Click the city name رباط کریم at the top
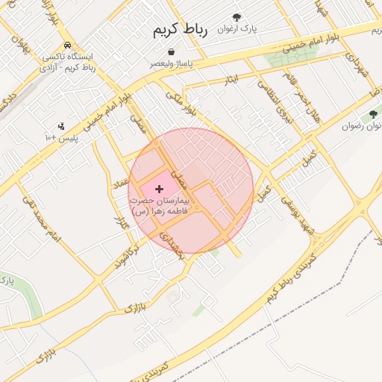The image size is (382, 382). click(179, 30)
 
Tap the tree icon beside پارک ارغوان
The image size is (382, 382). click(237, 16)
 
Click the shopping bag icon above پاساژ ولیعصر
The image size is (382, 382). click(172, 52)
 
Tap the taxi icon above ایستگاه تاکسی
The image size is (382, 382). click(68, 44)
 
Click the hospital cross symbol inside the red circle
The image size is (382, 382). click(159, 190)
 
